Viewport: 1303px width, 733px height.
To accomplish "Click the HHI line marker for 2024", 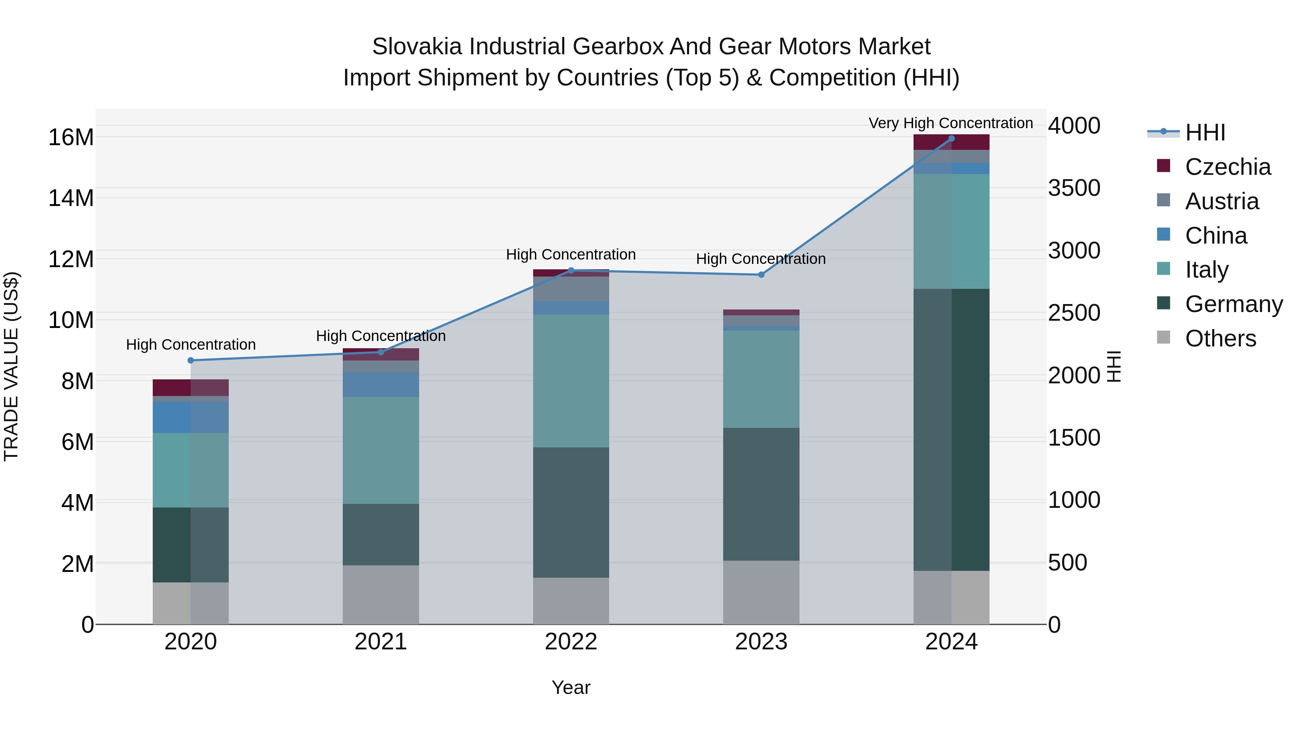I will [951, 139].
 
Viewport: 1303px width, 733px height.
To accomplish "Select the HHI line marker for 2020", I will [191, 361].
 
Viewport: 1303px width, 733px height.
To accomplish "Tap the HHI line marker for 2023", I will [761, 275].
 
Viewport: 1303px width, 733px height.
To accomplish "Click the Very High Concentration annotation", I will [950, 123].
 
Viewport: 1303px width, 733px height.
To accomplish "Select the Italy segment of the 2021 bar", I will [380, 450].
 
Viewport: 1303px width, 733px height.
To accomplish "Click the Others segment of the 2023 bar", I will [761, 592].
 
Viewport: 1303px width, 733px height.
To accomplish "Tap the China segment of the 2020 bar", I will [191, 417].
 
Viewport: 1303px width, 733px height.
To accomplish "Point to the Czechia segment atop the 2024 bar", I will [951, 143].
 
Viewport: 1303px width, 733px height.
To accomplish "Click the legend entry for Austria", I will [1221, 201].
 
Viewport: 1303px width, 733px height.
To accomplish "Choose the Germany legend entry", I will [1233, 304].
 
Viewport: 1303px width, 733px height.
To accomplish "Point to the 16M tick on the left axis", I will [71, 138].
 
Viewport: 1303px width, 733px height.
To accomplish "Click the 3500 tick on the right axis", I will [1074, 188].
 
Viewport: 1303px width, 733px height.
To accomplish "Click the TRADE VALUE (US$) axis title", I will [11, 366].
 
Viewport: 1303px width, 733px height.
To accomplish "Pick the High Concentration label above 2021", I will [380, 336].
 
